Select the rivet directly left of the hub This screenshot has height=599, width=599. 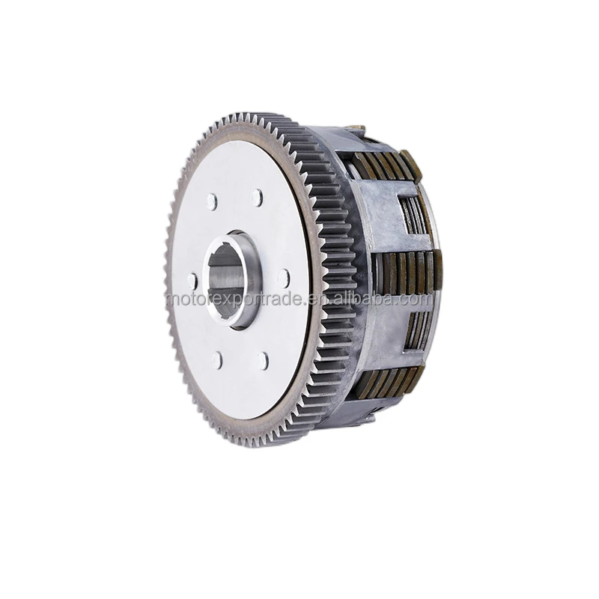coord(192,280)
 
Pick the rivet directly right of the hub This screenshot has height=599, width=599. coord(283,278)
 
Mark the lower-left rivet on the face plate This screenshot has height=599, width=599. coord(216,359)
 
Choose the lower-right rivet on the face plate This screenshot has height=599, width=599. coord(261,360)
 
